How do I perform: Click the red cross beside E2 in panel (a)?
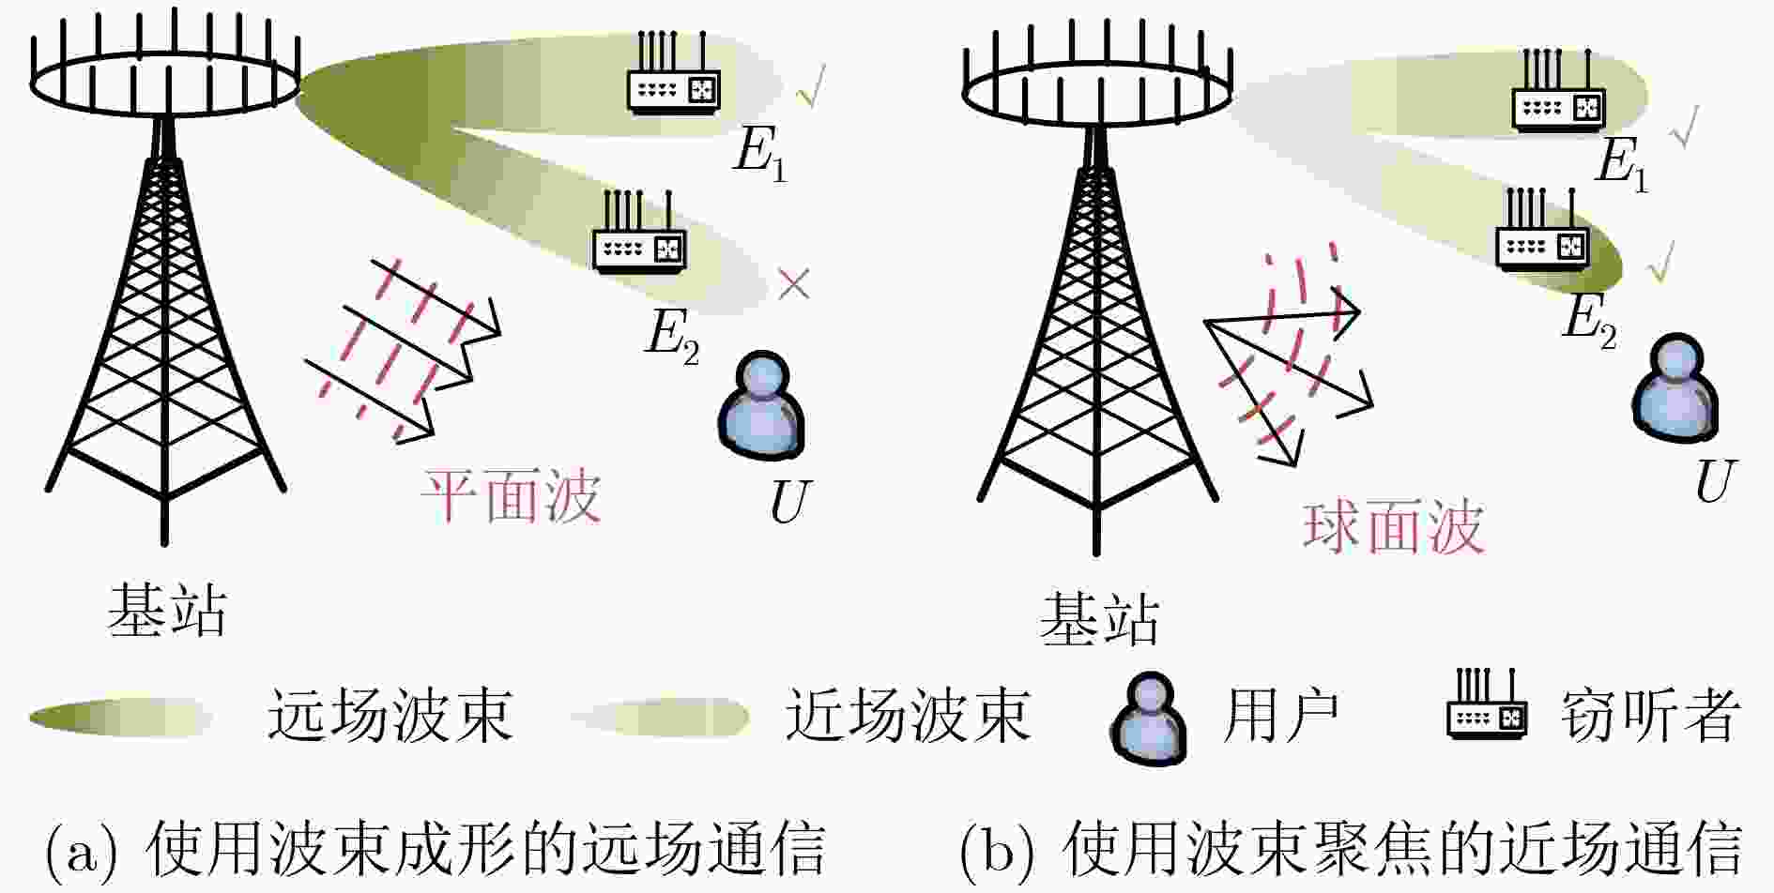[794, 284]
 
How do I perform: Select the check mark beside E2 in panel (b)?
[1660, 261]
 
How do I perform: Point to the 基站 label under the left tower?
[167, 610]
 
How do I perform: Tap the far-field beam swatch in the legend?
[120, 718]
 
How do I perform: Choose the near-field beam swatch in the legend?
[660, 718]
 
